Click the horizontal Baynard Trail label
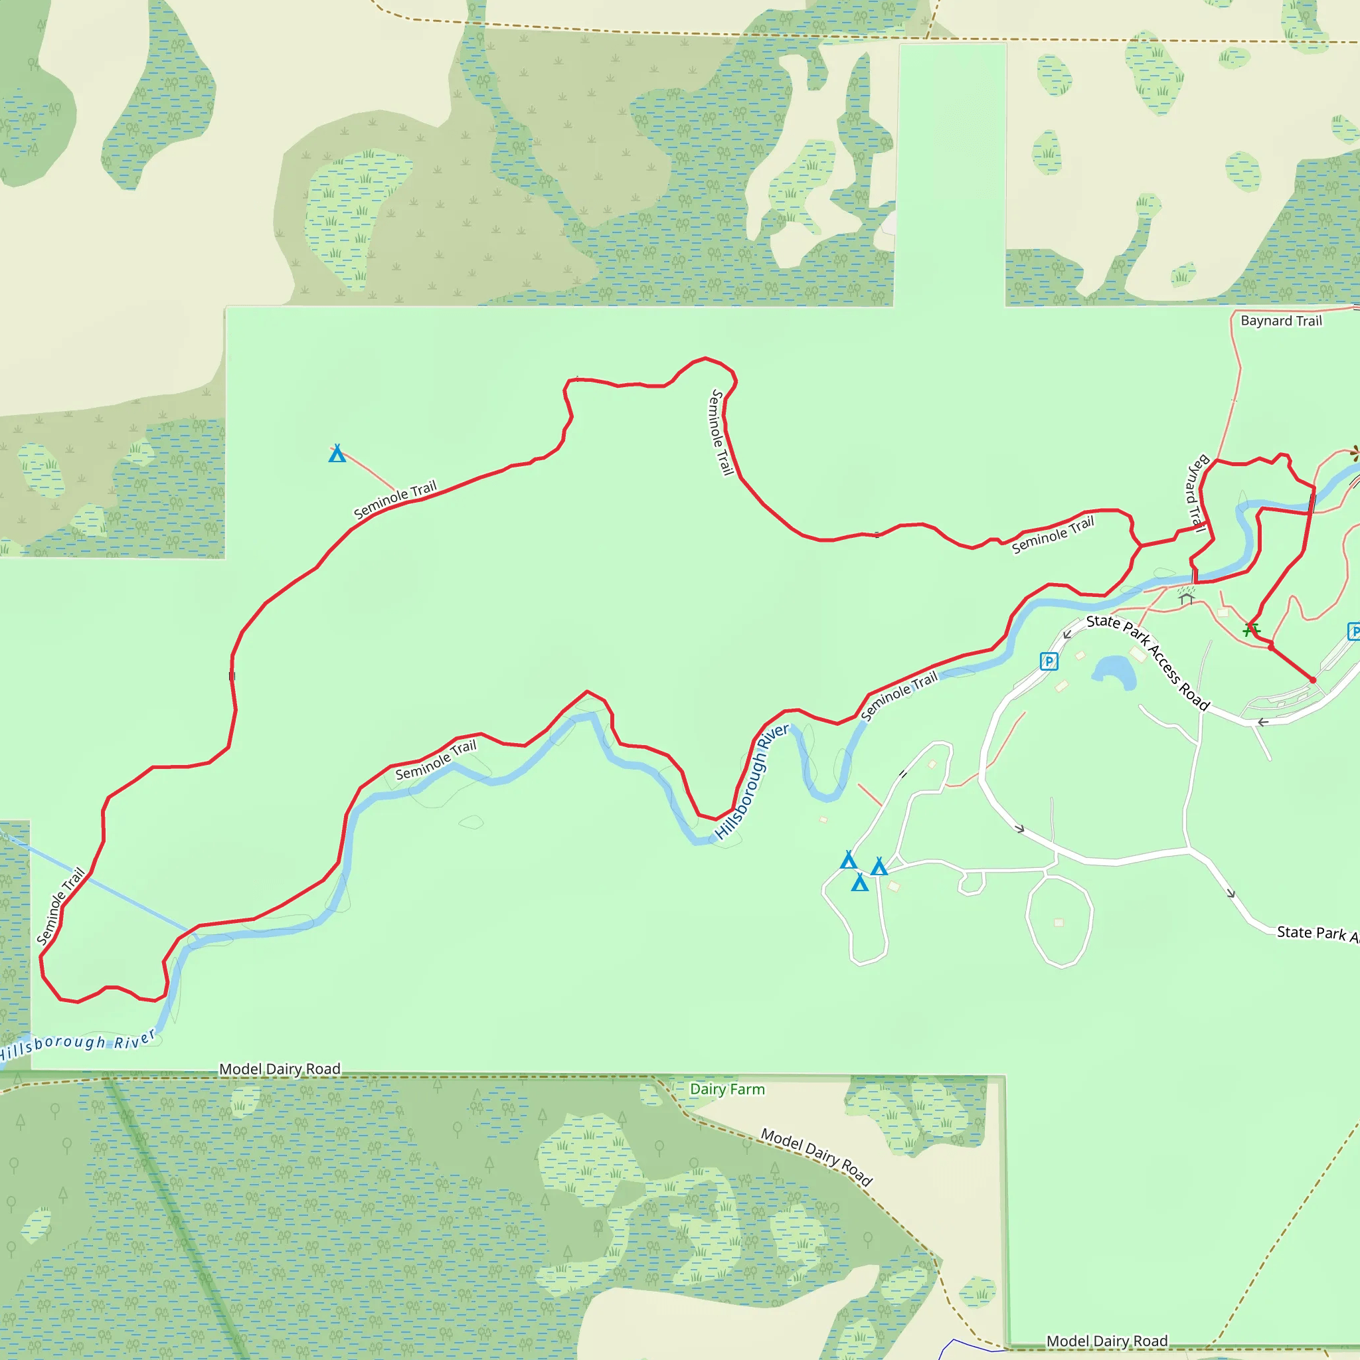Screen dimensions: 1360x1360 (1281, 321)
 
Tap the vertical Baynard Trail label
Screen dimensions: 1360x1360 (1197, 493)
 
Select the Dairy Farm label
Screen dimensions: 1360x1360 (727, 1089)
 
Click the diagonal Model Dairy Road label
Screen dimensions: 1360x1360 (817, 1157)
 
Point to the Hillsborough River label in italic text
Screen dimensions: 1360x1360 (78, 1044)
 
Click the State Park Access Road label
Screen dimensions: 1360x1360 (1148, 662)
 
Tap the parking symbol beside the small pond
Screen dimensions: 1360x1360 (1049, 661)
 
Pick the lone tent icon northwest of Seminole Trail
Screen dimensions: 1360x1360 (337, 454)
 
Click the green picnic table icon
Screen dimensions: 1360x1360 (1251, 629)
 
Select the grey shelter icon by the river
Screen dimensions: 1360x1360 (1187, 598)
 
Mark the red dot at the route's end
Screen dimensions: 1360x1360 (1313, 680)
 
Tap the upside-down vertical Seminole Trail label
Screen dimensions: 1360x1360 (722, 432)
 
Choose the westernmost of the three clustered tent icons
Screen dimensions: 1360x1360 (848, 859)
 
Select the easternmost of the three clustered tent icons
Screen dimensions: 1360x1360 (879, 867)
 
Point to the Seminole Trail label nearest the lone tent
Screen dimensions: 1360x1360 (395, 499)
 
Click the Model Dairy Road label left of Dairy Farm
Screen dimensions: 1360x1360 (280, 1069)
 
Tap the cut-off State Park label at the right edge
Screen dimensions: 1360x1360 (1316, 934)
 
